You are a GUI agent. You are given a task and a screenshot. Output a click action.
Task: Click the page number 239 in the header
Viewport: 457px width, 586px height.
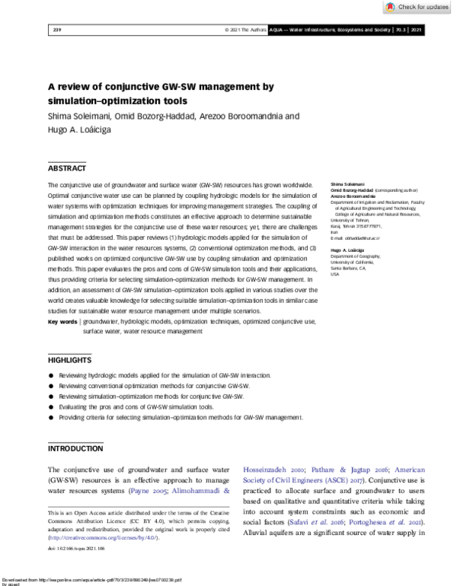tap(56, 30)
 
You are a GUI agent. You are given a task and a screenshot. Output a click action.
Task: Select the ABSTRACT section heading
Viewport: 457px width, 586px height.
tap(67, 168)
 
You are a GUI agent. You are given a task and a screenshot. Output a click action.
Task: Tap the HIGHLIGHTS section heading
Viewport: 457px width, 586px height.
tap(69, 359)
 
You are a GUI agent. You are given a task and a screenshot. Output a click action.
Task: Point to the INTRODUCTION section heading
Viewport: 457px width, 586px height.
tap(75, 449)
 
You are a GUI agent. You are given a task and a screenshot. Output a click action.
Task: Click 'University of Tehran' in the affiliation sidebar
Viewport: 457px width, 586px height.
tap(347, 221)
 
